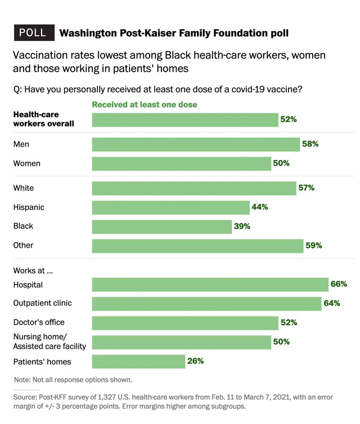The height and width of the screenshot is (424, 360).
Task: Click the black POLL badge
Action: click(x=33, y=33)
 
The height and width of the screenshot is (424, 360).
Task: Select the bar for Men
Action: click(x=195, y=144)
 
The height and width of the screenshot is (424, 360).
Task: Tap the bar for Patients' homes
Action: click(x=138, y=361)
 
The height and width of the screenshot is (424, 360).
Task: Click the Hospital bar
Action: click(x=210, y=285)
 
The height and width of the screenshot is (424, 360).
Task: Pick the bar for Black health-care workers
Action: click(x=162, y=226)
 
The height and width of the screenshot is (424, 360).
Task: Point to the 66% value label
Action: click(x=339, y=285)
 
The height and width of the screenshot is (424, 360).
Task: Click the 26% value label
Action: click(x=196, y=361)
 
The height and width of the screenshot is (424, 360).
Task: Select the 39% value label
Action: click(x=242, y=226)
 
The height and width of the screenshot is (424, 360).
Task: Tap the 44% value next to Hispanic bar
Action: click(x=260, y=207)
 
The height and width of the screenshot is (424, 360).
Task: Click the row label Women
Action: click(x=26, y=163)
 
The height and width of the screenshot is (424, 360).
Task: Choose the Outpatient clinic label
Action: click(x=43, y=304)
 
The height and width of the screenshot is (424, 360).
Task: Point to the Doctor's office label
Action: click(x=39, y=323)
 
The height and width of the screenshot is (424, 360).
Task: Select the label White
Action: click(x=24, y=188)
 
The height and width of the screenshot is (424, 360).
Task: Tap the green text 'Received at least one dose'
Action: click(x=145, y=104)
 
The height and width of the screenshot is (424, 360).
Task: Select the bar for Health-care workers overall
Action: click(x=185, y=119)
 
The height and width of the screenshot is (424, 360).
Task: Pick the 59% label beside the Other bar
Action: click(x=314, y=246)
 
